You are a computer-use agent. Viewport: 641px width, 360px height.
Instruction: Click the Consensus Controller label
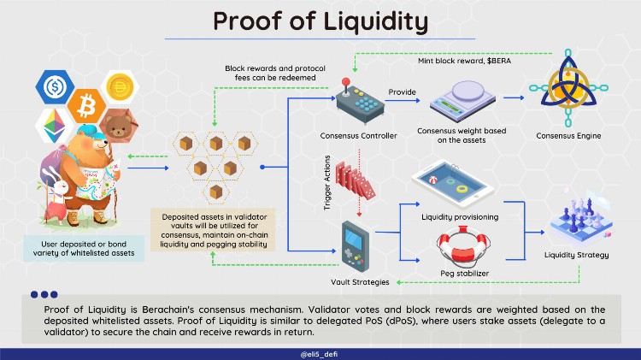pyautogui.click(x=351, y=136)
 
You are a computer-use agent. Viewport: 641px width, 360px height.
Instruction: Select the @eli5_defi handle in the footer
pyautogui.click(x=320, y=352)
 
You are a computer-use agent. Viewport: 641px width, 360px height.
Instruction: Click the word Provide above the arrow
pyautogui.click(x=402, y=91)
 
